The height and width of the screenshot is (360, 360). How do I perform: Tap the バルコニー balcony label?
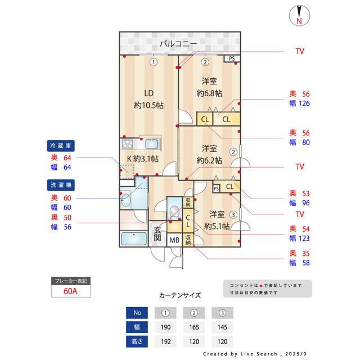177,43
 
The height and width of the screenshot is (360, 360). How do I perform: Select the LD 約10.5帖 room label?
148,99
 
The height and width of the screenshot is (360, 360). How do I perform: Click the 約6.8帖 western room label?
209,87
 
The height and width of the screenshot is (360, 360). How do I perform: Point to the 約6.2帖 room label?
209,154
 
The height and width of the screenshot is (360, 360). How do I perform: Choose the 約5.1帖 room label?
217,220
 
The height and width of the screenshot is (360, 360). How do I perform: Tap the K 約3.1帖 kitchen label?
142,159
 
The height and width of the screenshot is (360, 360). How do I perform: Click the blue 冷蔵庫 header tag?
61,145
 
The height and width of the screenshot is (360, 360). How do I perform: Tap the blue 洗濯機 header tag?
61,184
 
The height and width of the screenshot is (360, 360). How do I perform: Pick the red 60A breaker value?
70,291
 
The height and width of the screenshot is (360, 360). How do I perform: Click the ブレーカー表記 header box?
70,280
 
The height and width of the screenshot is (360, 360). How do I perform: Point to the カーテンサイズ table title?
179,295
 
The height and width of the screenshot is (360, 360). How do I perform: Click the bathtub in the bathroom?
134,238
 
